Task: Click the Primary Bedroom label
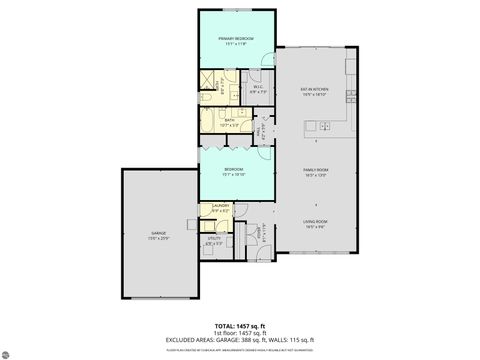pyautogui.click(x=236, y=40)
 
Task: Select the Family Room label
pyautogui.click(x=316, y=172)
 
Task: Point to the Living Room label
pyautogui.click(x=316, y=224)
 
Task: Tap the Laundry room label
pyautogui.click(x=221, y=207)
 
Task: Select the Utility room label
pyautogui.click(x=214, y=240)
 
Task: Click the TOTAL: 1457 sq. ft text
pyautogui.click(x=240, y=327)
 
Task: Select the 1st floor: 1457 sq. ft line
pyautogui.click(x=240, y=333)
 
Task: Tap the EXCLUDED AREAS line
pyautogui.click(x=240, y=340)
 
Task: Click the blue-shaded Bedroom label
pyautogui.click(x=236, y=172)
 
